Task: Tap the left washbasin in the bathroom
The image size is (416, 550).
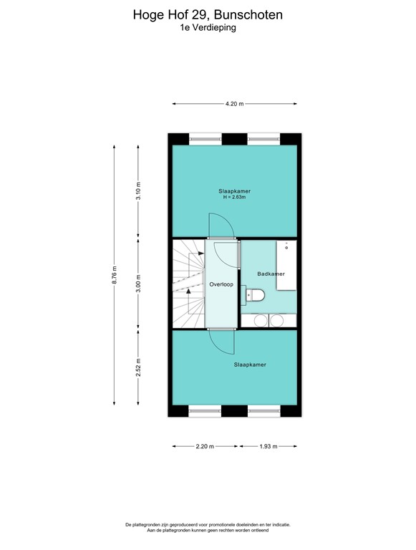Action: tap(256, 321)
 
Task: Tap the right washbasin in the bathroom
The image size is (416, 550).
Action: tap(279, 321)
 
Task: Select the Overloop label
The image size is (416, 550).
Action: tap(221, 284)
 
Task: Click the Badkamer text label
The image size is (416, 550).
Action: tap(271, 274)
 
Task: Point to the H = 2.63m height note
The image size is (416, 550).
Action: tap(234, 197)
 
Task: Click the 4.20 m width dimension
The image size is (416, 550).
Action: tap(234, 104)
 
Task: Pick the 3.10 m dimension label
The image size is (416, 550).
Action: tap(139, 191)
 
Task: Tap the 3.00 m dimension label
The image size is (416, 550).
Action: tap(139, 284)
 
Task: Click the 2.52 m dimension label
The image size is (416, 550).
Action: tap(139, 367)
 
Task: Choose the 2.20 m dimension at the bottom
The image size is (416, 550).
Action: tap(204, 446)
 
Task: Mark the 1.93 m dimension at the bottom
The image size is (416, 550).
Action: tap(268, 446)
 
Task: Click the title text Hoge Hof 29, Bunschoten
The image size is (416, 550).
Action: tap(208, 14)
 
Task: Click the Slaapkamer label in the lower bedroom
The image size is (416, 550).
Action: tap(250, 365)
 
